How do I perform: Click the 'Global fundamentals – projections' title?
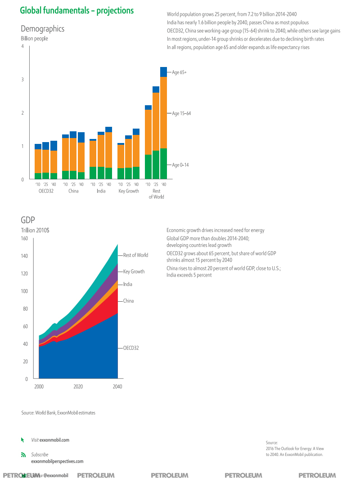[x=77, y=10]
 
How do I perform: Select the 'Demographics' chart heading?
[x=43, y=29]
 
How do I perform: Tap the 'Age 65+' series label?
[x=180, y=72]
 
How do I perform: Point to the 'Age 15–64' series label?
[x=181, y=113]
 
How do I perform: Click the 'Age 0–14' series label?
[x=180, y=165]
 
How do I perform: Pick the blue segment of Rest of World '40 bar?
[x=163, y=72]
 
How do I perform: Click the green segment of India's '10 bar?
[x=93, y=173]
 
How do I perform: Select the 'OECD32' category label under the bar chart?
[x=46, y=191]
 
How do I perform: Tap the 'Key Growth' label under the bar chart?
[x=129, y=191]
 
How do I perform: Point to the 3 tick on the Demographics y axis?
[x=22, y=80]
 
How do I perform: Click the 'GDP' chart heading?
[x=27, y=220]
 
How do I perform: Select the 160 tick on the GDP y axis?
[x=24, y=238]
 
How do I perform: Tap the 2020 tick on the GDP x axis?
[x=78, y=387]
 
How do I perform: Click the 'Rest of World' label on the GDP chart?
[x=135, y=255]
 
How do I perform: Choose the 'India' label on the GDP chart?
[x=127, y=284]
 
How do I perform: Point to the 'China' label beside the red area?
[x=128, y=301]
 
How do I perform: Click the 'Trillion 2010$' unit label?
[x=35, y=230]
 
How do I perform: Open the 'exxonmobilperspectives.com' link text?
[x=57, y=461]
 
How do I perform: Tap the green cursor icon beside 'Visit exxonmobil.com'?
[x=22, y=440]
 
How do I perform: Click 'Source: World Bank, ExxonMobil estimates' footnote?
[x=58, y=413]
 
